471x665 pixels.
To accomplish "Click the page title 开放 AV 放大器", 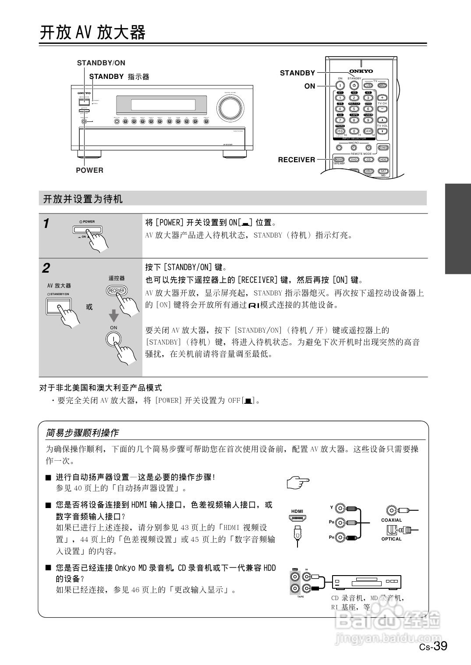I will [92, 32].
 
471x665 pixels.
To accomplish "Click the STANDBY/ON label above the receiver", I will [101, 63].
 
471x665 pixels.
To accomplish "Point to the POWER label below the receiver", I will [89, 170].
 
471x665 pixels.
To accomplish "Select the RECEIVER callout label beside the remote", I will [296, 160].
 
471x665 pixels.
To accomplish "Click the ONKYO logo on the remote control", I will [361, 71].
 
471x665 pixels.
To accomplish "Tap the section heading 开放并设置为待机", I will [83, 199].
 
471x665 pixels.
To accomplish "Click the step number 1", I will [46, 224].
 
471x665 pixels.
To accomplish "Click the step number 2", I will [46, 268].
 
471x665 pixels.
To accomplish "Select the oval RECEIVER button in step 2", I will [117, 291].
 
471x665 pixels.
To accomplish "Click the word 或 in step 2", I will [89, 307].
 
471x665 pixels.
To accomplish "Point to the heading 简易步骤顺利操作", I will [82, 433].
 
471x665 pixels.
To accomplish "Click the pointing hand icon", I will [298, 483].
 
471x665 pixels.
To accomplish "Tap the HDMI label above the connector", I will [297, 511].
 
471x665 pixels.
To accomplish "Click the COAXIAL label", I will [391, 520].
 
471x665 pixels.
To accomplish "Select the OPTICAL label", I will [391, 539].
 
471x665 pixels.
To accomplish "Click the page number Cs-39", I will [433, 646].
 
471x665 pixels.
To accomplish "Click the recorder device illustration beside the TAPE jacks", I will [366, 582].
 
